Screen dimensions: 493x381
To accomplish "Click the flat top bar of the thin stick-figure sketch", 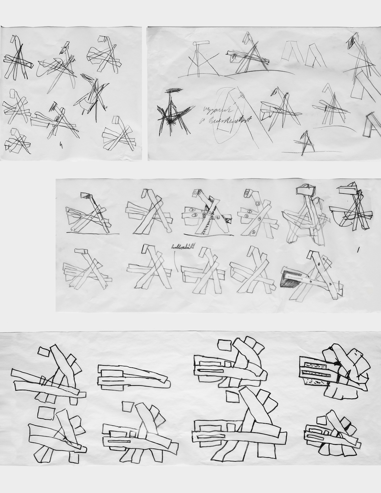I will click(x=200, y=43).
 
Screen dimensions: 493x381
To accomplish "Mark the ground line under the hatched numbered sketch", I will click(x=207, y=233).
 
